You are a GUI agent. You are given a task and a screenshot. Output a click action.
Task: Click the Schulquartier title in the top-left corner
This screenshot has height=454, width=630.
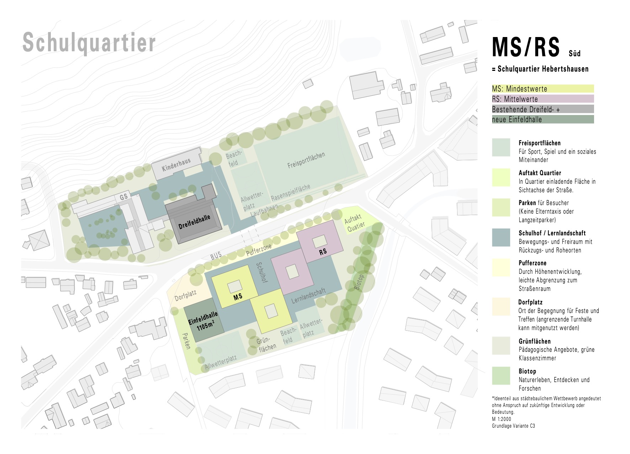(89, 43)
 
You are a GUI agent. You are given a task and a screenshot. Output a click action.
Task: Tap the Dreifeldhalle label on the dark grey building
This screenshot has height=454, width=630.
(194, 221)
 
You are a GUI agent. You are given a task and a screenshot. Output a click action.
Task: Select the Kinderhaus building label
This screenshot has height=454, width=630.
(176, 165)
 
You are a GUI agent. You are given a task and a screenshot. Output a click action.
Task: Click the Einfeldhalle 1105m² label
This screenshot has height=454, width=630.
(203, 320)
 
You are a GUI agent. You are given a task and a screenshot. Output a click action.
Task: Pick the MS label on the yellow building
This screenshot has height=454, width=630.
(238, 296)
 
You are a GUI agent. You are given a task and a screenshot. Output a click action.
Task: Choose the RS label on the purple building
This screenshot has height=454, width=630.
(323, 252)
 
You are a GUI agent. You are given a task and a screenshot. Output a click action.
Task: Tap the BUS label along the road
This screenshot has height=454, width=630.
(216, 255)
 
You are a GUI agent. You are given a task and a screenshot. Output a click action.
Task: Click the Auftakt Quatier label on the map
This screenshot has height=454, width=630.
(355, 222)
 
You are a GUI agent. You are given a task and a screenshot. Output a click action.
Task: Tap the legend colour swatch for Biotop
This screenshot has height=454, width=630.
(501, 376)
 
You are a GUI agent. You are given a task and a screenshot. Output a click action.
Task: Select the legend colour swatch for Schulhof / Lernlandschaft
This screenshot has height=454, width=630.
(501, 238)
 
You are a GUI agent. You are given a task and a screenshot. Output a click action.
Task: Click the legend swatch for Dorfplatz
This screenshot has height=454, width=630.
(501, 307)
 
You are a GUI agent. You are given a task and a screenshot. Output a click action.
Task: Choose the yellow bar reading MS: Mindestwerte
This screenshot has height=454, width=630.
(542, 89)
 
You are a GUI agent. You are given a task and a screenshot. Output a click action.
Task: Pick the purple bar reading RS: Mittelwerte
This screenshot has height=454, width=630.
(542, 99)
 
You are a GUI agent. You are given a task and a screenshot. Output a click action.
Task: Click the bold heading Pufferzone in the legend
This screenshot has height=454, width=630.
(533, 263)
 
